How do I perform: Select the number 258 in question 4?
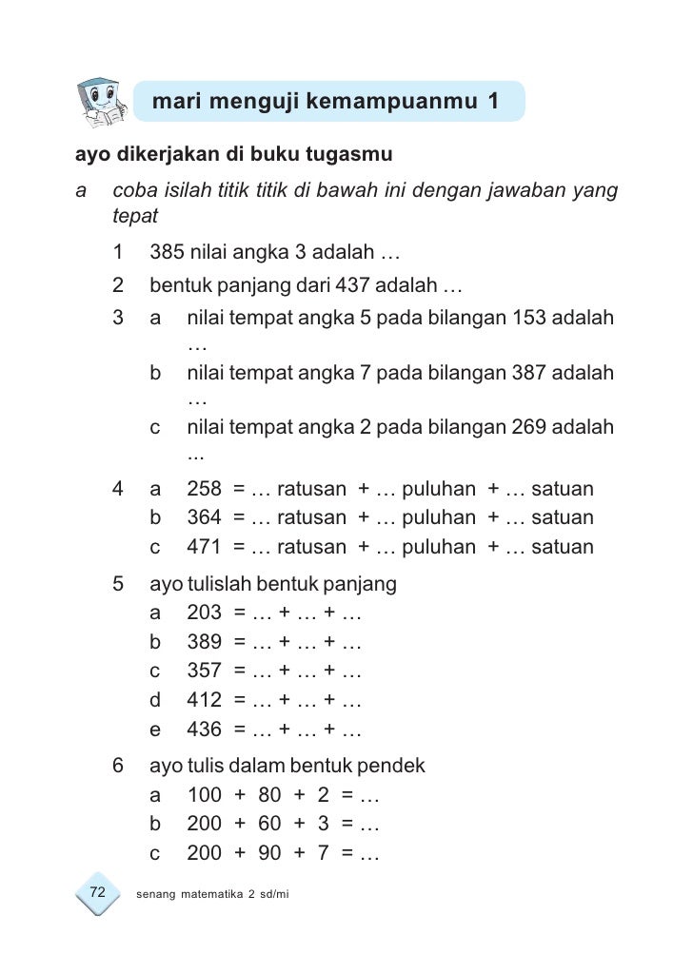205,489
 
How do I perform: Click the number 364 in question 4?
205,518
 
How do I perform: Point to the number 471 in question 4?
205,548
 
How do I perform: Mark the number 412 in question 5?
205,702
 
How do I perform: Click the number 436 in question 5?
205,731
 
